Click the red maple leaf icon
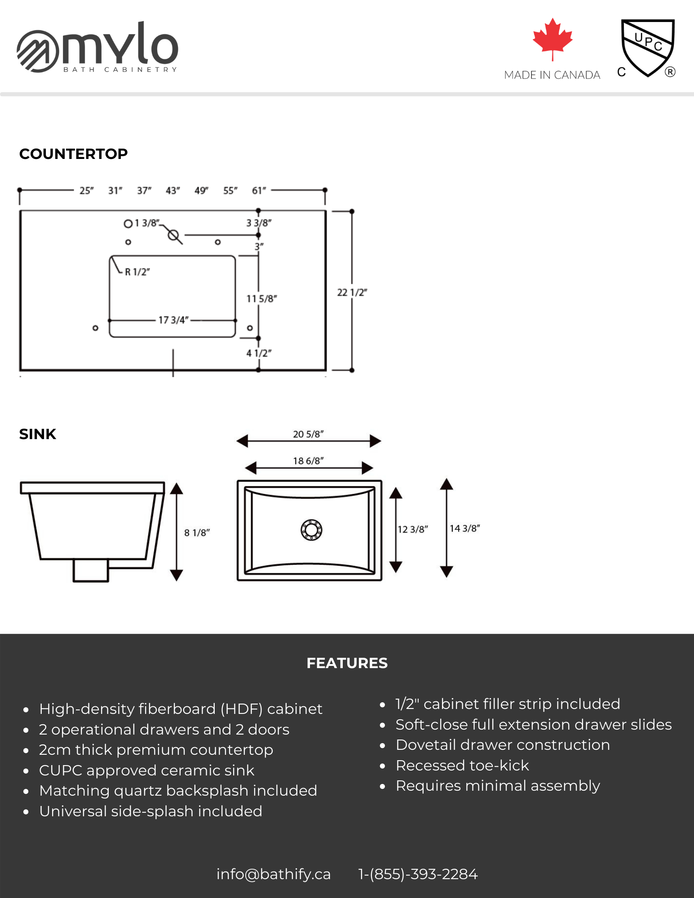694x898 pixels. click(x=553, y=38)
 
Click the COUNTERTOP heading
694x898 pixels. click(x=74, y=154)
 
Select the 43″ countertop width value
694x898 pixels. click(x=172, y=191)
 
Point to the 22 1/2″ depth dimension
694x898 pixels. click(x=352, y=293)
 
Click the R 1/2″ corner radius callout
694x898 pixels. click(x=137, y=272)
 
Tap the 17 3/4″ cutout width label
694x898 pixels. click(x=173, y=320)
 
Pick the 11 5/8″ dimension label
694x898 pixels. click(x=261, y=299)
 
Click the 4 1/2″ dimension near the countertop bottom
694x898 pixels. click(x=259, y=353)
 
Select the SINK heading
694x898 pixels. click(x=38, y=434)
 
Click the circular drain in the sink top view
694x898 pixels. click(x=311, y=530)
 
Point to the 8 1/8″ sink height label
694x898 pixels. click(x=197, y=533)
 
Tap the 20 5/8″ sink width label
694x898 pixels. click(x=308, y=434)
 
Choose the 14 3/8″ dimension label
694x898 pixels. click(x=464, y=528)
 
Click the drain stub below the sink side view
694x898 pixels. click(x=91, y=570)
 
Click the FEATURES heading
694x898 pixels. click(x=347, y=663)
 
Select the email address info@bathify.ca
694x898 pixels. click(x=273, y=874)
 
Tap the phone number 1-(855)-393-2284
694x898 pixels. click(x=418, y=874)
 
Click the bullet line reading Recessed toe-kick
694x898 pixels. click(x=462, y=766)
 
